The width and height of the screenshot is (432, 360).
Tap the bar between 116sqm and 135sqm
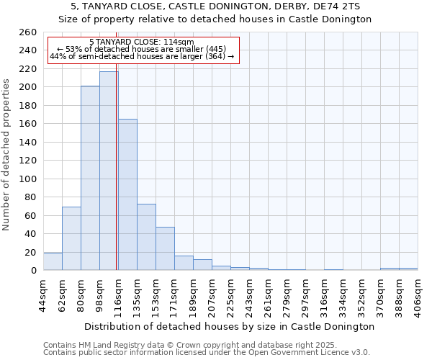pyautogui.click(x=127, y=194)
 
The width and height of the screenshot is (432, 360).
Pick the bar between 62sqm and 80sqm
pyautogui.click(x=71, y=238)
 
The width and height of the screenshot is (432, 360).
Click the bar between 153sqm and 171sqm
pyautogui.click(x=165, y=248)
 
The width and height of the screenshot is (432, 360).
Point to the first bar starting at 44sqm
pyautogui.click(x=53, y=262)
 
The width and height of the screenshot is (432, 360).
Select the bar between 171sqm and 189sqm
pyautogui.click(x=184, y=264)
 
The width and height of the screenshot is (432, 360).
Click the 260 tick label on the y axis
pyautogui.click(x=28, y=32)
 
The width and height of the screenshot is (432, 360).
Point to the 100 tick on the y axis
pyautogui.click(x=28, y=179)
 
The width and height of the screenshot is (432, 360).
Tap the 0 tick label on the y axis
pyautogui.click(x=33, y=271)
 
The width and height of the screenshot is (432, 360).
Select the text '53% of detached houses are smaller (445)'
pyautogui.click(x=147, y=49)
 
